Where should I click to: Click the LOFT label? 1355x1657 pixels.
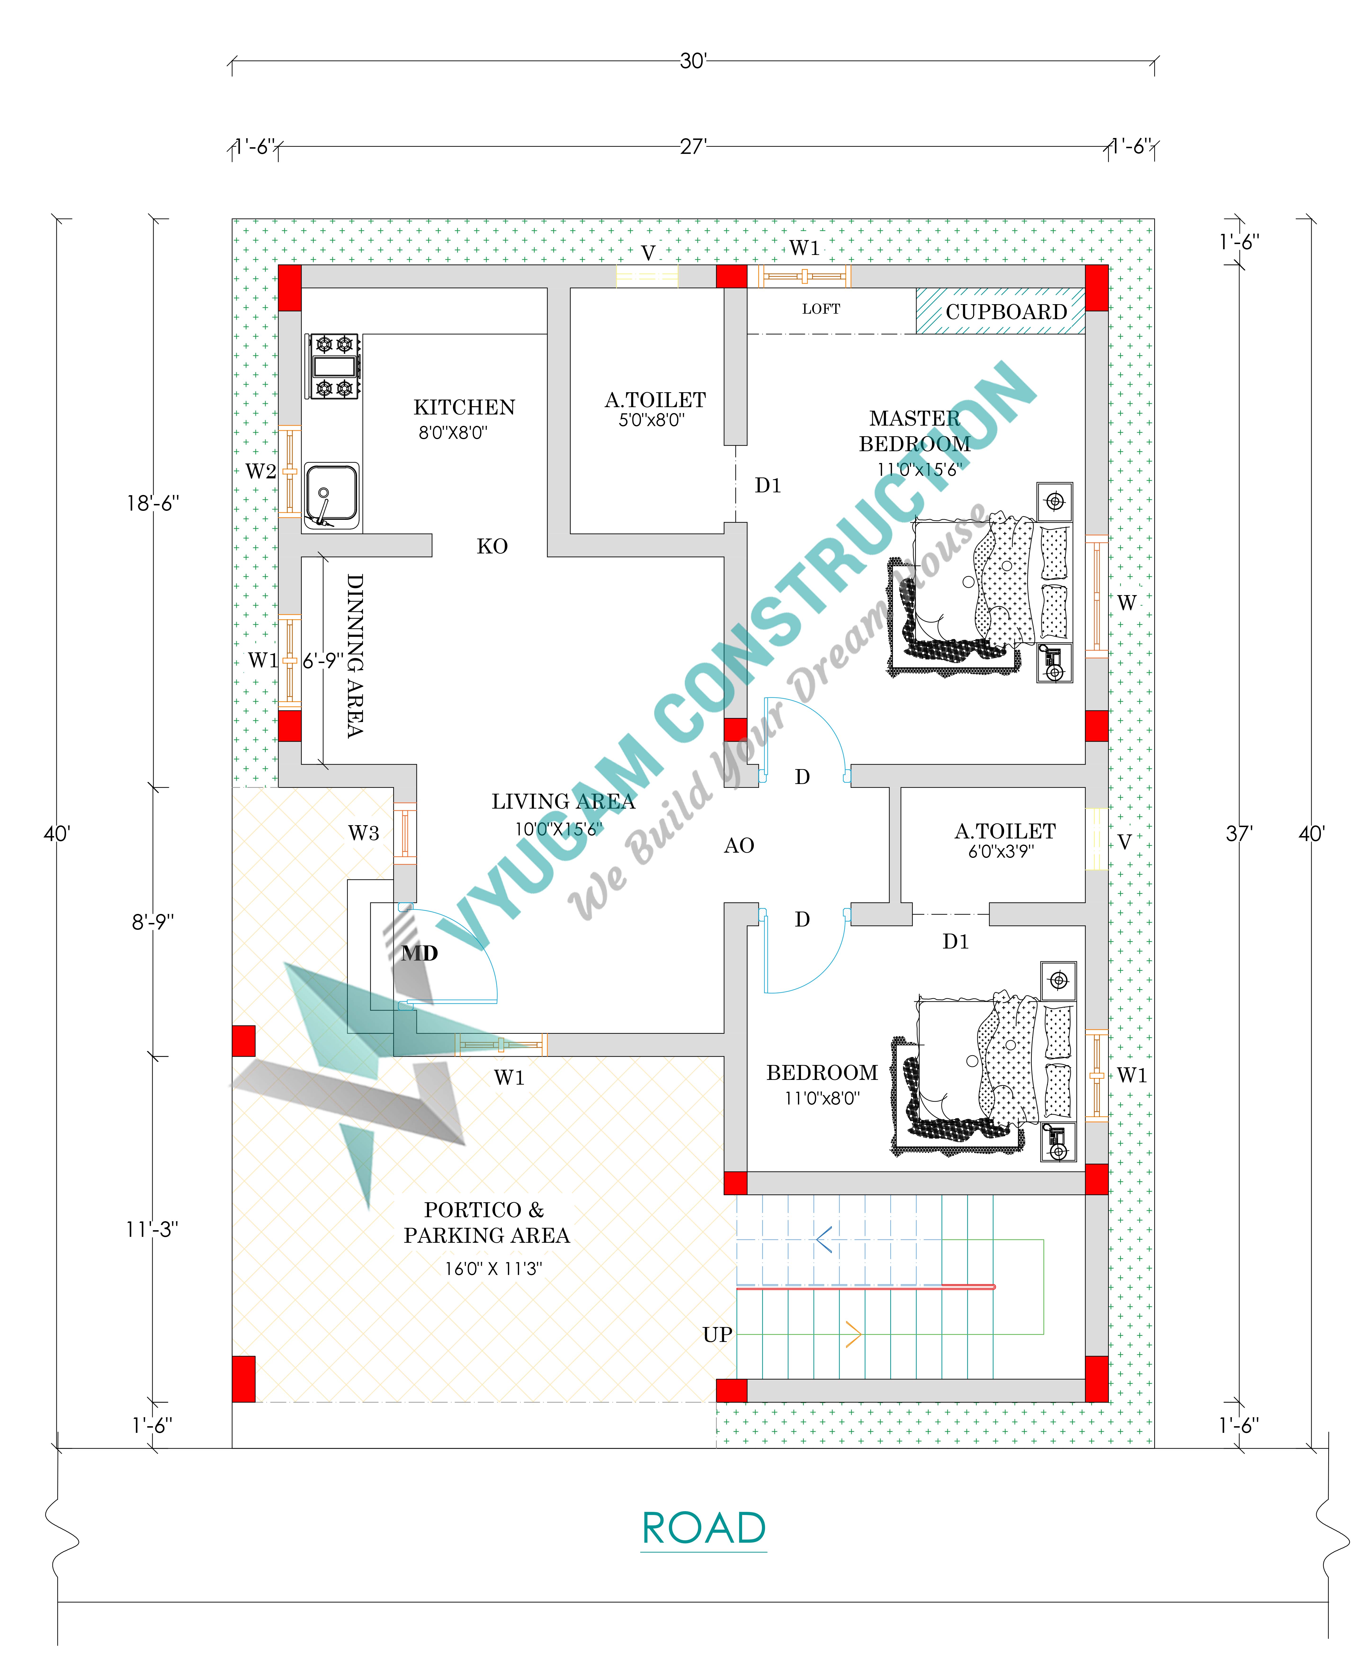point(821,309)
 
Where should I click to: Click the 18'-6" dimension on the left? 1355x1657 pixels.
point(153,503)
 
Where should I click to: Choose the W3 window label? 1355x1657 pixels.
point(364,833)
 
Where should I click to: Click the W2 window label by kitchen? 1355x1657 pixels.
point(261,472)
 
